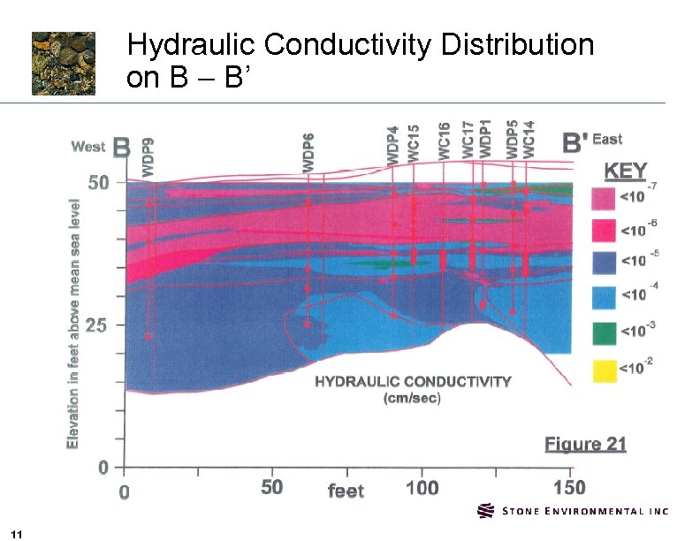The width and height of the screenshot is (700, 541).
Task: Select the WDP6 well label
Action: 308,151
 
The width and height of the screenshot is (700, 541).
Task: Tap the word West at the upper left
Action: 87,147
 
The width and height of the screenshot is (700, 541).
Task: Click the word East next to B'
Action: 607,139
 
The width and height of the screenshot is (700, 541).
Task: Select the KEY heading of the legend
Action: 625,170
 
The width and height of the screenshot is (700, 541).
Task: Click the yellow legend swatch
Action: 604,367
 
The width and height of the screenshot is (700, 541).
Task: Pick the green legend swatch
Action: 604,332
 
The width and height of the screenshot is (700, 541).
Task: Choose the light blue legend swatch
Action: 604,298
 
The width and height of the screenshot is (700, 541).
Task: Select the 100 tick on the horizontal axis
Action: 422,488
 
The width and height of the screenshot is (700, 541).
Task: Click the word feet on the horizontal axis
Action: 346,490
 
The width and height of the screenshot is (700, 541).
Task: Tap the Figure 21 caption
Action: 585,444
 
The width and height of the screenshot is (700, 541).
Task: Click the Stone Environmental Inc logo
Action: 573,511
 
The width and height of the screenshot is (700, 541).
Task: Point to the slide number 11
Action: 19,532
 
